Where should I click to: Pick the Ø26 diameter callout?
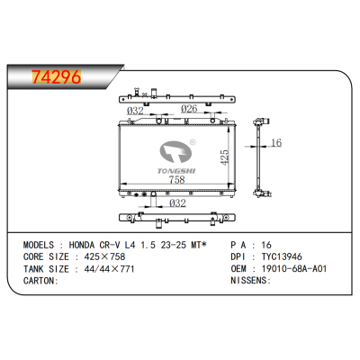pos(188,110)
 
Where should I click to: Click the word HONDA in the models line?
pos(98,244)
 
